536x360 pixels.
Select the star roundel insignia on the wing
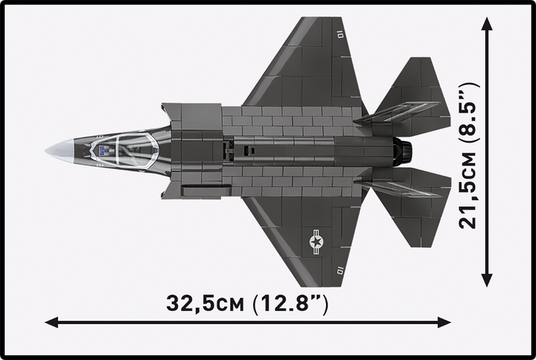pos(316,242)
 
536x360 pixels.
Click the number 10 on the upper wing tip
pos(340,33)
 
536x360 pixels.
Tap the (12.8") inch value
pos(290,303)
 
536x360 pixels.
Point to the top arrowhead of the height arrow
pos(487,24)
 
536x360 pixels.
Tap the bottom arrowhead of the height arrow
pos(487,280)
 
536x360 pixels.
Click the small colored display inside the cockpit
pos(105,150)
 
